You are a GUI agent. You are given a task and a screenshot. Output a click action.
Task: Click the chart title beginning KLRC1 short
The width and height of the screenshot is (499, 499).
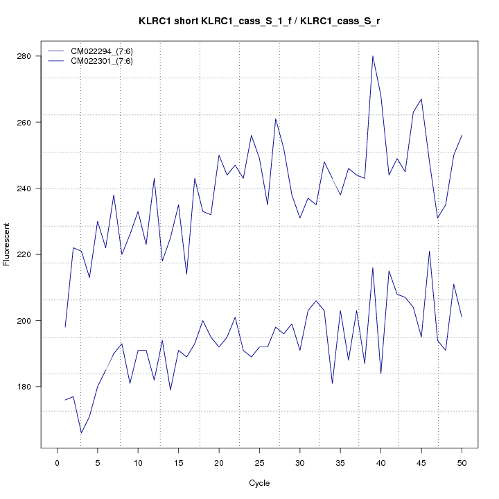(259, 21)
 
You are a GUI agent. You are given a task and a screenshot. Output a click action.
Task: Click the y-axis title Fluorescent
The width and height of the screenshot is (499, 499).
(8, 244)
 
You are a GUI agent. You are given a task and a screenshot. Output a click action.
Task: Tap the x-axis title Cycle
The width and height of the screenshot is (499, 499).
(259, 483)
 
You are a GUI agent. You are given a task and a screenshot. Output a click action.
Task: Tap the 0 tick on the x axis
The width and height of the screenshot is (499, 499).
(57, 462)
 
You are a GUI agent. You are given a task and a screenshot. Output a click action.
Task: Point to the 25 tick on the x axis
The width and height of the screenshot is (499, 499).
(259, 462)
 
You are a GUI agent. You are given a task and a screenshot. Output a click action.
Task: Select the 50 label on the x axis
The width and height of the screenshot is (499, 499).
(462, 462)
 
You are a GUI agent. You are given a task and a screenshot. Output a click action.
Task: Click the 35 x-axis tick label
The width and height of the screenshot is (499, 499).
(340, 462)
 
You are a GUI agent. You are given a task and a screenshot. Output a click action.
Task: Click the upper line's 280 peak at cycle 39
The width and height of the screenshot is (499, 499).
(373, 56)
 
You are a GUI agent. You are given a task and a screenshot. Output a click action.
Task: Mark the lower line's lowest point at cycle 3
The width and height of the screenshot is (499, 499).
(81, 433)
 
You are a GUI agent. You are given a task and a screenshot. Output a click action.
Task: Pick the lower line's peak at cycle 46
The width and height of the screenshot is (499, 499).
(429, 251)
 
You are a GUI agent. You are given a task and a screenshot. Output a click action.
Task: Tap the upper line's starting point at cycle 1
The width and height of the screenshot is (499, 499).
(65, 327)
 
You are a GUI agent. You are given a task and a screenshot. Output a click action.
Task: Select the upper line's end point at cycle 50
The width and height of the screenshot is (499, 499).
(462, 136)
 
